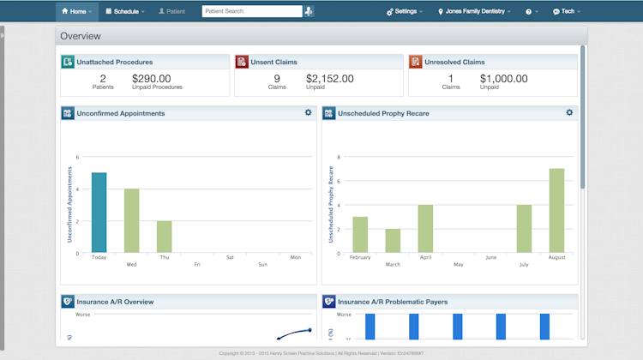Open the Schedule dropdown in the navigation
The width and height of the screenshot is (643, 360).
pyautogui.click(x=124, y=12)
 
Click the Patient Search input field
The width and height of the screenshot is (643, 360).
pyautogui.click(x=251, y=12)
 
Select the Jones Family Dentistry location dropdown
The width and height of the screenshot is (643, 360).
pyautogui.click(x=474, y=12)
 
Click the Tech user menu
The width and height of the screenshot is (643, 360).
pyautogui.click(x=567, y=12)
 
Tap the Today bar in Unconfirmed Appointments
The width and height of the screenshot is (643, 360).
pyautogui.click(x=99, y=213)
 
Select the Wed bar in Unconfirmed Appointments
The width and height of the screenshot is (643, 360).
pyautogui.click(x=131, y=220)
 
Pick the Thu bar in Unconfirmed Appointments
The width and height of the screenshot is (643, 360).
pyautogui.click(x=164, y=237)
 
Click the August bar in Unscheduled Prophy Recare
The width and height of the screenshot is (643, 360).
pyautogui.click(x=556, y=210)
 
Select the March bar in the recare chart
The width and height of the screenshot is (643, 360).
pyautogui.click(x=393, y=241)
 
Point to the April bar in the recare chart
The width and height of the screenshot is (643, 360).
pyautogui.click(x=425, y=229)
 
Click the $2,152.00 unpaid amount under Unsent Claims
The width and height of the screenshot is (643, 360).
pyautogui.click(x=329, y=78)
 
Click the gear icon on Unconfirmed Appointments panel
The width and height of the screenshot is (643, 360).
pyautogui.click(x=309, y=112)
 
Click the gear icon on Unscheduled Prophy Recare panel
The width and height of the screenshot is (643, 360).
pyautogui.click(x=569, y=112)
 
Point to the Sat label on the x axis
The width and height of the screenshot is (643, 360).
pyautogui.click(x=230, y=256)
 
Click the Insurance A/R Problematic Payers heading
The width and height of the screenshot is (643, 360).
pyautogui.click(x=393, y=302)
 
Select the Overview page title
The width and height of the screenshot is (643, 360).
pyautogui.click(x=81, y=36)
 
